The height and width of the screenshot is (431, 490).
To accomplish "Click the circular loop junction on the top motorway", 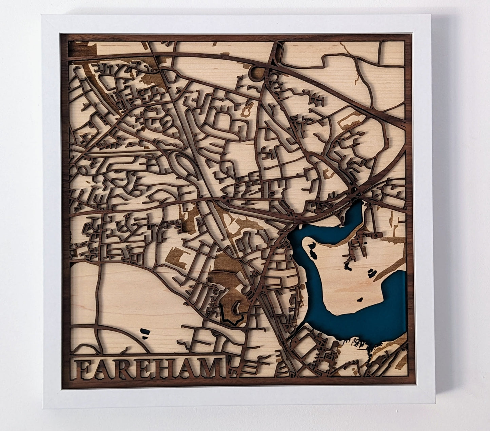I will pyautogui.click(x=258, y=73).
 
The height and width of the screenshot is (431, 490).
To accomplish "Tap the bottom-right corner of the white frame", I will pyautogui.click(x=435, y=408).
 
